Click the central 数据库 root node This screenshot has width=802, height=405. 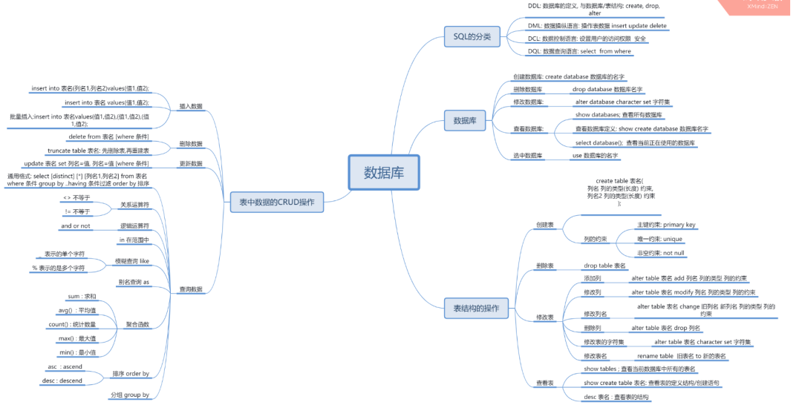(x=384, y=173)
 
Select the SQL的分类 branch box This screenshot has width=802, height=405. (x=472, y=36)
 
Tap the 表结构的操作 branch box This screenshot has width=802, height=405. (x=476, y=306)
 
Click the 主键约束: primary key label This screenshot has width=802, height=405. (x=666, y=225)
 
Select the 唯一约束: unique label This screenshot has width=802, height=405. (x=659, y=239)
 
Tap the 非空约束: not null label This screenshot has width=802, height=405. (x=660, y=253)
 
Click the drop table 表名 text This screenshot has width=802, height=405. (x=604, y=265)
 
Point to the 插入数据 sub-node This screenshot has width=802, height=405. (x=191, y=106)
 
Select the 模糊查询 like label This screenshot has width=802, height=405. (x=132, y=261)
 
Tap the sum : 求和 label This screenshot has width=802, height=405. (x=82, y=296)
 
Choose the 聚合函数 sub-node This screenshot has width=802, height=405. (x=137, y=324)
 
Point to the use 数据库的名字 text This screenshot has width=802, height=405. (x=595, y=156)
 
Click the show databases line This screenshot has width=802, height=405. (x=619, y=115)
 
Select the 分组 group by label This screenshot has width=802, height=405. (x=130, y=395)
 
